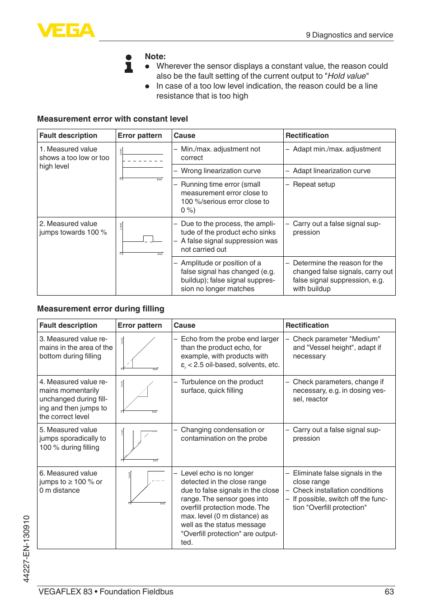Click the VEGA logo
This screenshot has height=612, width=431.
tap(66, 31)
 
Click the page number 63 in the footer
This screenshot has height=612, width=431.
tap(389, 592)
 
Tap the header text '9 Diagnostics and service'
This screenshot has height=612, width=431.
tap(349, 35)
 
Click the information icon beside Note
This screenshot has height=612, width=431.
tap(129, 64)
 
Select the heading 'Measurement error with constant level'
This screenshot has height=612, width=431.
tap(112, 119)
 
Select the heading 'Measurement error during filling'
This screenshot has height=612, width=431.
tap(101, 309)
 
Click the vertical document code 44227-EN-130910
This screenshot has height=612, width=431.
tap(27, 548)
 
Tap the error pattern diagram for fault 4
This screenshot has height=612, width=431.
tap(141, 396)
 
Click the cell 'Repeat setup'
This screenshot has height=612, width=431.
tap(314, 184)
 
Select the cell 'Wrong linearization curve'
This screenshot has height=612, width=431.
tap(220, 171)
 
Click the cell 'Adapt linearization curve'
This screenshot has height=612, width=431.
tap(332, 171)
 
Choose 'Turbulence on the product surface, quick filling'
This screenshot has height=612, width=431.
tap(221, 386)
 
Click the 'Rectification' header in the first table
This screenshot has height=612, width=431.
tap(307, 136)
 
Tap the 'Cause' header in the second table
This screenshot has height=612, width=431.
tap(184, 325)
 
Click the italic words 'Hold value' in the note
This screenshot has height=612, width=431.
tap(347, 76)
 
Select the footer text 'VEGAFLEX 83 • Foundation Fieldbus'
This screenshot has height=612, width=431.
tap(106, 592)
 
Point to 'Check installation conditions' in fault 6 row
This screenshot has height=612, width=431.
tap(337, 490)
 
